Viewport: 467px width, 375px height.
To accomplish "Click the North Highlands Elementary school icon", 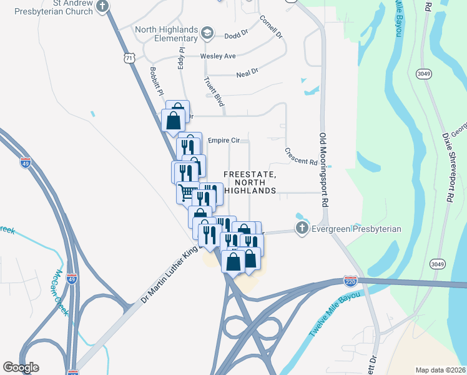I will coord(207,33).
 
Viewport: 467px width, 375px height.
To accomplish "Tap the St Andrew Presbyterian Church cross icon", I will coord(103,6).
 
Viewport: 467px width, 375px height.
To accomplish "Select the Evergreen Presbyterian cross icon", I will coord(302,229).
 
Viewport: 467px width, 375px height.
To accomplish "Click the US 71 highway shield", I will coord(129,57).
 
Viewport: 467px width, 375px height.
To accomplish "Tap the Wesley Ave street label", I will coord(218,56).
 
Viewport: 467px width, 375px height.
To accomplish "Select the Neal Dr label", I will coord(247,72).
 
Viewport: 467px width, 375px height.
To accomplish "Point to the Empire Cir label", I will coord(224,141).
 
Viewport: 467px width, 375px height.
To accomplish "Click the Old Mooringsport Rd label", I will coord(323,169).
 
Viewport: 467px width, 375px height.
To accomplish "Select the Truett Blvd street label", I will coord(214,91).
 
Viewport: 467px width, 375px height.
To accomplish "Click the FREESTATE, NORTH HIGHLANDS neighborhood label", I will coord(250,182).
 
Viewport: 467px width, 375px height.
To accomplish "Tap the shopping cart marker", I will coord(187,191).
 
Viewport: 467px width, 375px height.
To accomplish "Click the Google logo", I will coord(21,367).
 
